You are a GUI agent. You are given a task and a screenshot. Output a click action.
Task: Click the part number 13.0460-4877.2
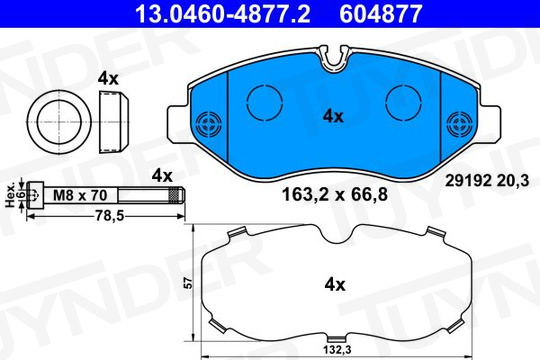[x=223, y=13]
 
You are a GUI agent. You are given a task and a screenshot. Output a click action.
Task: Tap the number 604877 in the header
[x=381, y=13]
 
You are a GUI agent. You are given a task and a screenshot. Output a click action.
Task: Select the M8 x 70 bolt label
[x=80, y=195]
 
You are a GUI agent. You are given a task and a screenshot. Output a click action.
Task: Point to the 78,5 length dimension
[x=110, y=216]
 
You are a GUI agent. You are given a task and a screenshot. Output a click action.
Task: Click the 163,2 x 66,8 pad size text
[x=335, y=194]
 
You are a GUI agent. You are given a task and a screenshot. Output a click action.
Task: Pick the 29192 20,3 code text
[x=487, y=181]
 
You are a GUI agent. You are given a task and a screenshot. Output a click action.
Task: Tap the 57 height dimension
[x=188, y=283]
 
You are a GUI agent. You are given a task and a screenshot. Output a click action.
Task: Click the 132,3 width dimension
[x=337, y=350]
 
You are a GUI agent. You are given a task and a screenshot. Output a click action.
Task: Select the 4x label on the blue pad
[x=333, y=116]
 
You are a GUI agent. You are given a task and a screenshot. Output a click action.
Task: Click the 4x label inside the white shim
[x=335, y=285]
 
